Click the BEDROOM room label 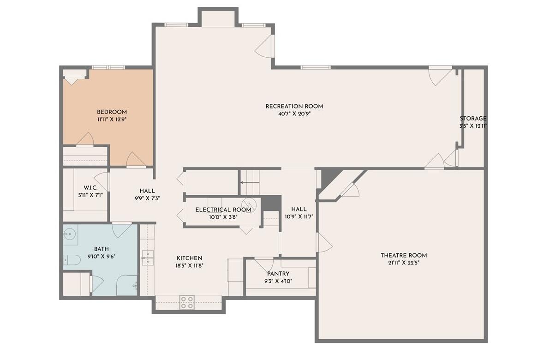(112, 112)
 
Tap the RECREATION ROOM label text (294, 106)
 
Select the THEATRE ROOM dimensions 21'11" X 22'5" (403, 263)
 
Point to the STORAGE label (473, 119)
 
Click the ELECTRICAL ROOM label (223, 210)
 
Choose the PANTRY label (278, 274)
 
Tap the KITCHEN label (189, 258)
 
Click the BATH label (101, 249)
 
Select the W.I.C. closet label (90, 188)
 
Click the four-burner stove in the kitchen (187, 302)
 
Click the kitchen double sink (148, 258)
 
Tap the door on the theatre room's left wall (324, 243)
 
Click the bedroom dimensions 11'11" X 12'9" (112, 119)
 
